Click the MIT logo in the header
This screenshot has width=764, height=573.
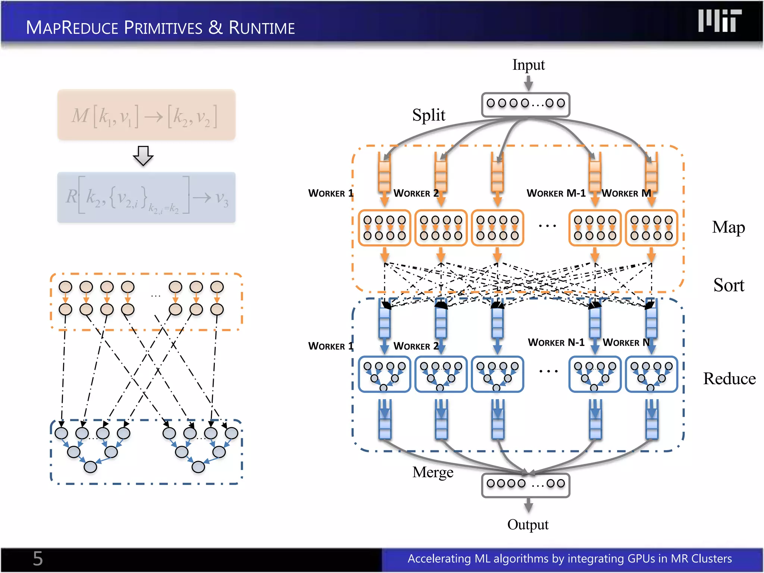click(720, 21)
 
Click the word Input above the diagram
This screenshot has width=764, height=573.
click(528, 65)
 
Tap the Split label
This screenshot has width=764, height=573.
click(429, 115)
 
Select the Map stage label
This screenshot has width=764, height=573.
click(728, 227)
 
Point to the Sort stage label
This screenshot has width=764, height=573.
click(729, 285)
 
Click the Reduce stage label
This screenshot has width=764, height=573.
click(729, 379)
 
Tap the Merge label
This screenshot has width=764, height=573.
click(433, 472)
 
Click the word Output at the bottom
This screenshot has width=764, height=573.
click(528, 525)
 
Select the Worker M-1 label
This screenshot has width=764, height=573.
click(556, 193)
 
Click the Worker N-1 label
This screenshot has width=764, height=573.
click(556, 342)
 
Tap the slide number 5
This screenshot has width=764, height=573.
click(38, 558)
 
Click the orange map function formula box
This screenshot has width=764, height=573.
click(146, 115)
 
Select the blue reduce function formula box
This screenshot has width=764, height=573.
click(146, 197)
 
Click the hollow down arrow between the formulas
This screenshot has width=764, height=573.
click(143, 156)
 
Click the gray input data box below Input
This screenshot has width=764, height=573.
click(526, 104)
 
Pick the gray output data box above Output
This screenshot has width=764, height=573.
click(526, 485)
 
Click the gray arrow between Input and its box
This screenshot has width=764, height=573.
click(528, 83)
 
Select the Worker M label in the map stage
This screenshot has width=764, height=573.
click(626, 193)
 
